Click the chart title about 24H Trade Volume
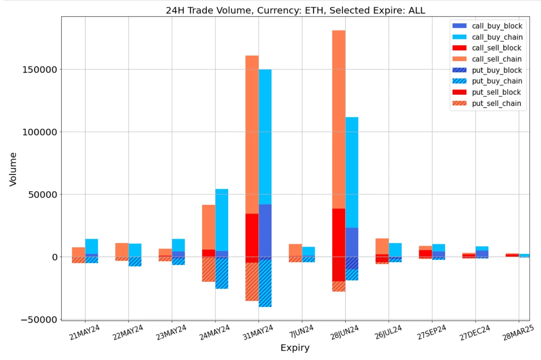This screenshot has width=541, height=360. (x=295, y=11)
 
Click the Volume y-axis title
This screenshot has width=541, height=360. (x=13, y=169)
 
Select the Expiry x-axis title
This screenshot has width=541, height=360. (x=295, y=348)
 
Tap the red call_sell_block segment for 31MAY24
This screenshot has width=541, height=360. (x=252, y=237)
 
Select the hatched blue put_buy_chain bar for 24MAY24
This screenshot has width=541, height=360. (x=221, y=273)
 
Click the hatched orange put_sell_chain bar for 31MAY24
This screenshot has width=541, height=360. (x=252, y=282)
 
